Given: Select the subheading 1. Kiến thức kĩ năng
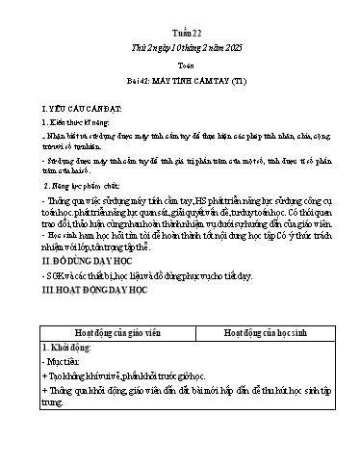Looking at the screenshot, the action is (61, 124).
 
